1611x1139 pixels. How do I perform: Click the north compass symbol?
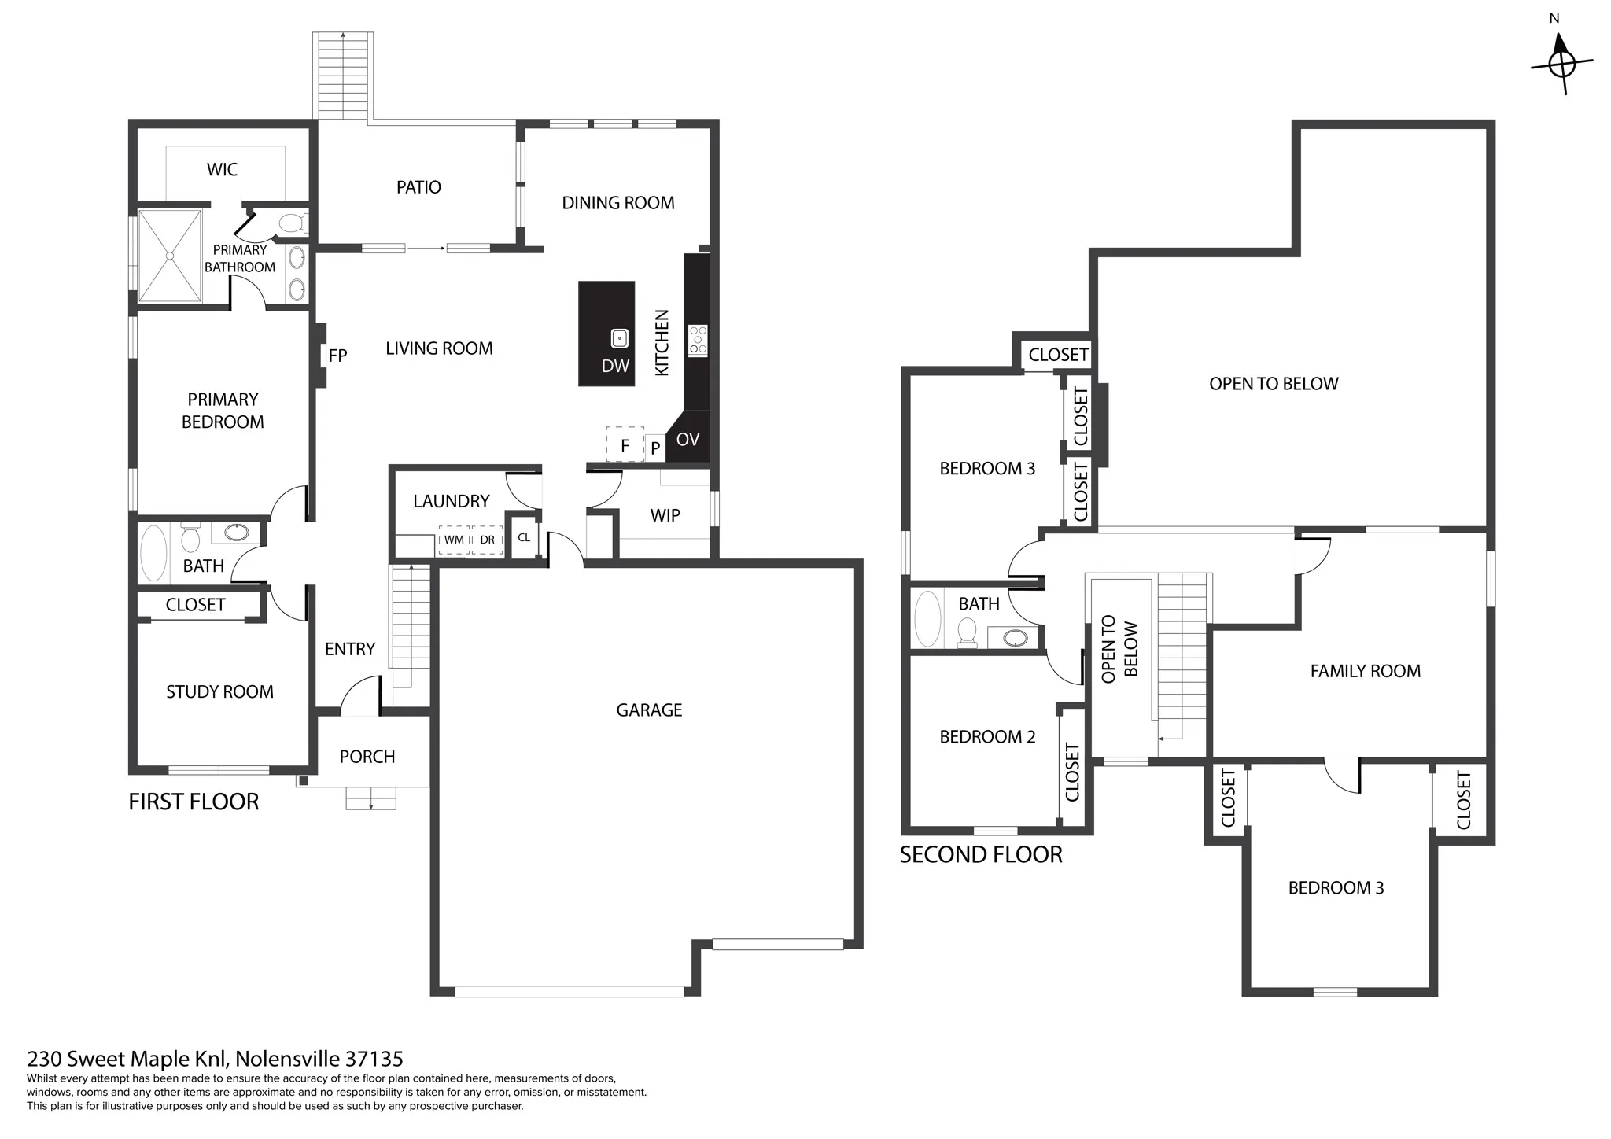click(x=1561, y=63)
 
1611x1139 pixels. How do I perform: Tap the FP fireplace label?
click(x=337, y=356)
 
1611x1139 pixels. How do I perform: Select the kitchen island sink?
click(x=620, y=338)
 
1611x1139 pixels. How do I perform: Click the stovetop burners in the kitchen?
click(x=698, y=341)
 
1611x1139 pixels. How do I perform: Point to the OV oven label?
click(x=688, y=440)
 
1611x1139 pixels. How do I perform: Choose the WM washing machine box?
click(x=454, y=540)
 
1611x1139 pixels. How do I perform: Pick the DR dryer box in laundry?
click(x=488, y=540)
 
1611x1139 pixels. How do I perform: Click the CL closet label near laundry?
click(x=524, y=538)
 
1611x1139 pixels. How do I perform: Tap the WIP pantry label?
click(x=665, y=516)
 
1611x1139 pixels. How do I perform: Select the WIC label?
click(x=222, y=170)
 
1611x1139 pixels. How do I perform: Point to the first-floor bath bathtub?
click(x=153, y=554)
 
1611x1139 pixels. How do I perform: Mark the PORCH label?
click(x=367, y=757)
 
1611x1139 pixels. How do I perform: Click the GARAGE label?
click(x=649, y=710)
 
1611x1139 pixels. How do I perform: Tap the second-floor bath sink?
click(x=1015, y=637)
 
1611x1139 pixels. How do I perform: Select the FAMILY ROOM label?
click(x=1366, y=671)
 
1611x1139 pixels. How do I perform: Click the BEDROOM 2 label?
click(x=987, y=737)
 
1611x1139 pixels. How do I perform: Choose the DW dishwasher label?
click(x=616, y=366)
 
